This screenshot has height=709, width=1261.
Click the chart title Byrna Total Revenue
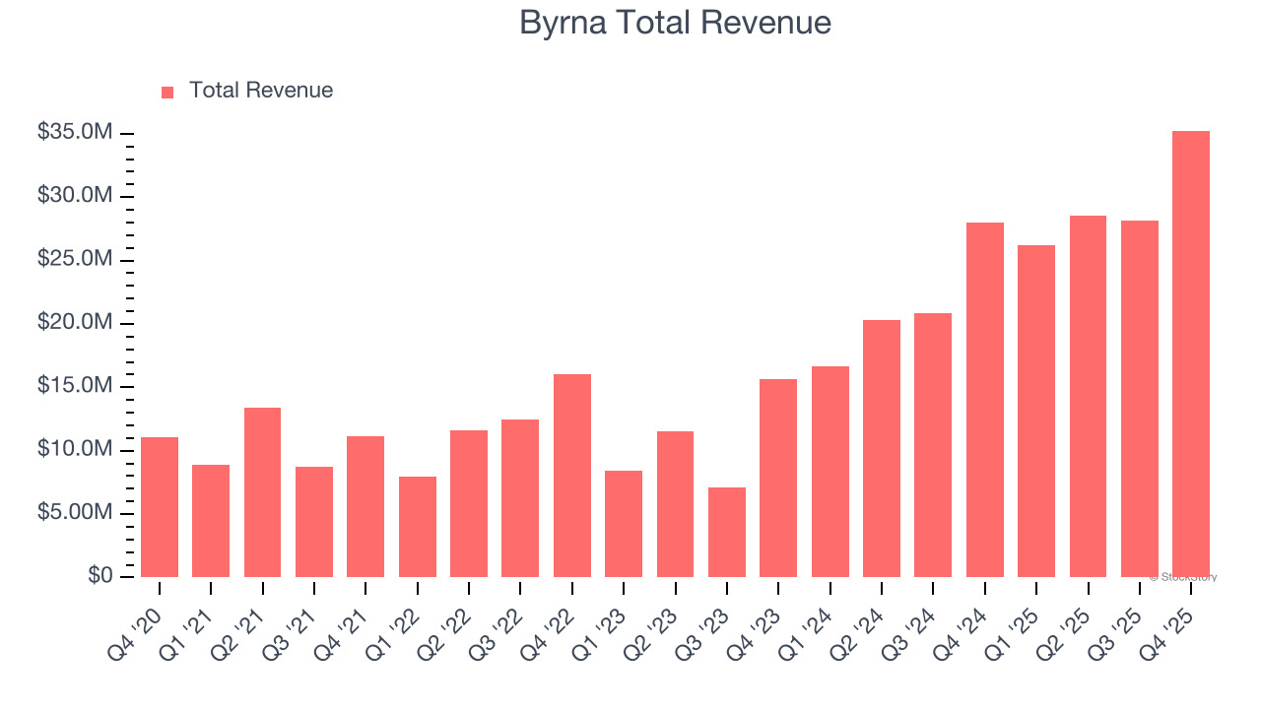tap(675, 23)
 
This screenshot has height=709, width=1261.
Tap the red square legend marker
tap(167, 92)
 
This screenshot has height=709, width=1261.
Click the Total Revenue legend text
tap(260, 91)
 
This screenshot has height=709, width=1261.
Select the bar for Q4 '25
tap(1190, 354)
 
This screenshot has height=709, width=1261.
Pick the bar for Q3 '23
tap(727, 532)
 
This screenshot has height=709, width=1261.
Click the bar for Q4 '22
tap(571, 476)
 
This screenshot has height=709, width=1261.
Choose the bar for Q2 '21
tap(262, 492)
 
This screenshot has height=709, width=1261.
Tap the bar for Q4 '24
tap(984, 400)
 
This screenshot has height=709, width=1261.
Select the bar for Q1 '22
tap(417, 527)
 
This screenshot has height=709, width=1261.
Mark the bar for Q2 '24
tap(881, 448)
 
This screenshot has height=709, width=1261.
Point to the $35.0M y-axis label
tap(74, 133)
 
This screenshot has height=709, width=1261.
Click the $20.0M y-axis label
tap(74, 323)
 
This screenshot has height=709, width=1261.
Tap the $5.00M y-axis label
tap(74, 513)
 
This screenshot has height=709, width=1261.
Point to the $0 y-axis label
tap(100, 576)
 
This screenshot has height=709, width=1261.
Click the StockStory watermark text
tap(1183, 577)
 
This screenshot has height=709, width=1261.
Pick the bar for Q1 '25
tap(1035, 411)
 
